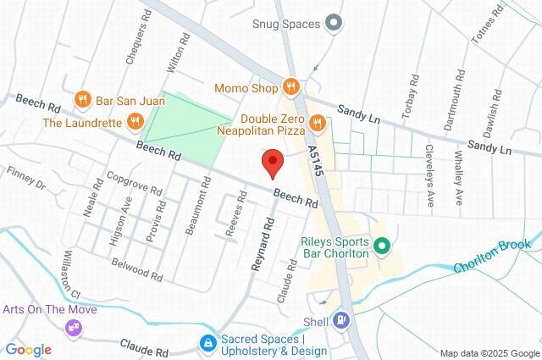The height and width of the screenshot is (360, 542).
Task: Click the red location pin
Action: point(271,162)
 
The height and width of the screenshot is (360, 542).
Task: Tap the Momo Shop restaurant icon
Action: point(290,86)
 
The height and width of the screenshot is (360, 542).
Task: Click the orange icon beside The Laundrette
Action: point(134,123)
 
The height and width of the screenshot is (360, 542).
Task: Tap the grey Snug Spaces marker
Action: point(334,24)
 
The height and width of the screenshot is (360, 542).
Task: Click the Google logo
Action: point(28,350)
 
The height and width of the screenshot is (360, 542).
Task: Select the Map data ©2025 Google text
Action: point(489,353)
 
